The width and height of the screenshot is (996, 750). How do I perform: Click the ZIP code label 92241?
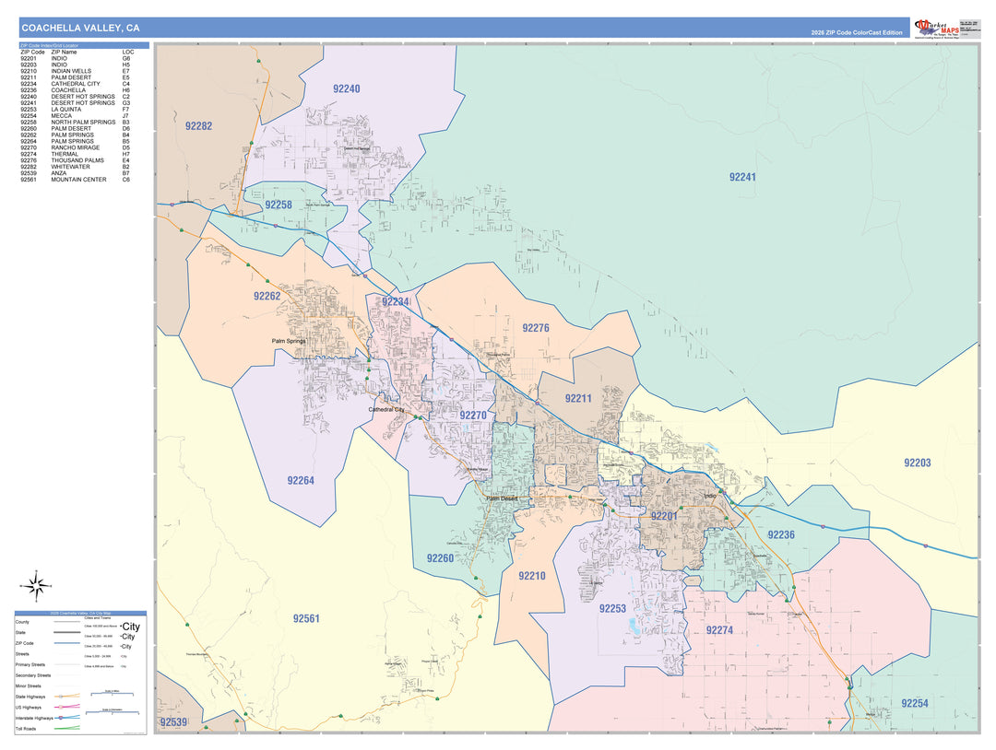(742, 177)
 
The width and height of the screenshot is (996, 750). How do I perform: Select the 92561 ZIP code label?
(306, 618)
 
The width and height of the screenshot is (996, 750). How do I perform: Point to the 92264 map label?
(301, 480)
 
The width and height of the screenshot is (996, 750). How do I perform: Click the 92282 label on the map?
(198, 126)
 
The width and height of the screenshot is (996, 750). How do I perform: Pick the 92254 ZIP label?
(915, 703)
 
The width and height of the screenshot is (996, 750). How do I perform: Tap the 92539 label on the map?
(173, 722)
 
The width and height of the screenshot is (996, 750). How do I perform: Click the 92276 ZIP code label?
(535, 328)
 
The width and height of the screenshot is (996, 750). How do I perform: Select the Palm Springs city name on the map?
(288, 341)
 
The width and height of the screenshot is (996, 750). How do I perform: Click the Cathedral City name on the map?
(386, 409)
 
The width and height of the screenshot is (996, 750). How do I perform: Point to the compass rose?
(36, 584)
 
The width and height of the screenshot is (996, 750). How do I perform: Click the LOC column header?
(127, 52)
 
